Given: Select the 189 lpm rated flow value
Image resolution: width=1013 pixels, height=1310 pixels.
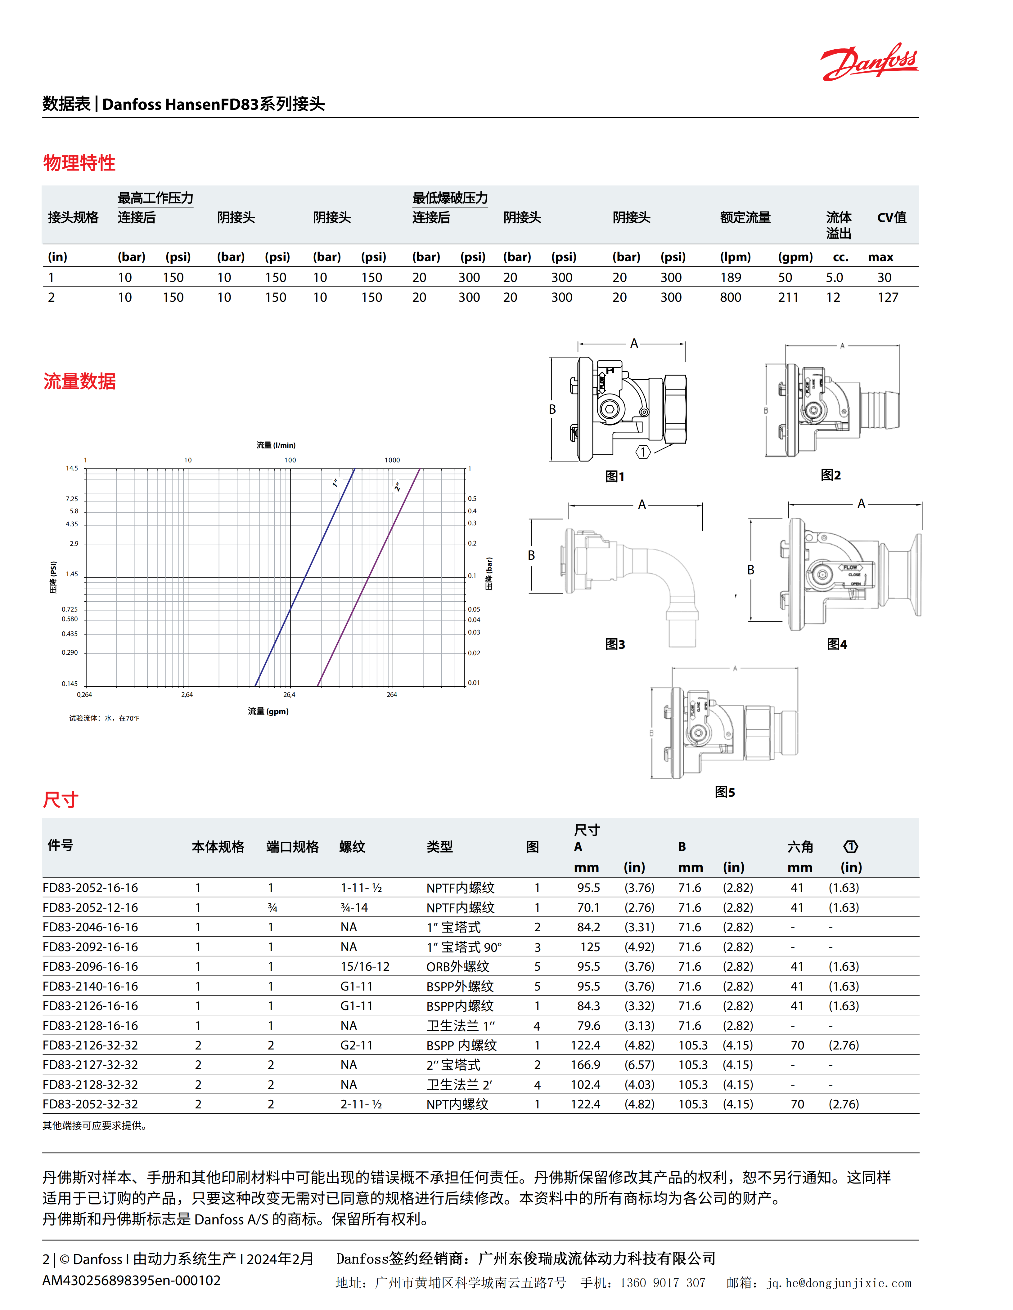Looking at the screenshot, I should click(730, 277).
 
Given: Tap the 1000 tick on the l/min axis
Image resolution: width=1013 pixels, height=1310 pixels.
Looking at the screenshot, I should click(392, 460).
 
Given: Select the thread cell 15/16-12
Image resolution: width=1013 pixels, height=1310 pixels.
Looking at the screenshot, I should click(365, 966).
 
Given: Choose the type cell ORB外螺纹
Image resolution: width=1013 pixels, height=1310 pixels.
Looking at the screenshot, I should click(458, 966).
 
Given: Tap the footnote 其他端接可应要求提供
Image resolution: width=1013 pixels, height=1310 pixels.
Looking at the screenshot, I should click(95, 1126).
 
